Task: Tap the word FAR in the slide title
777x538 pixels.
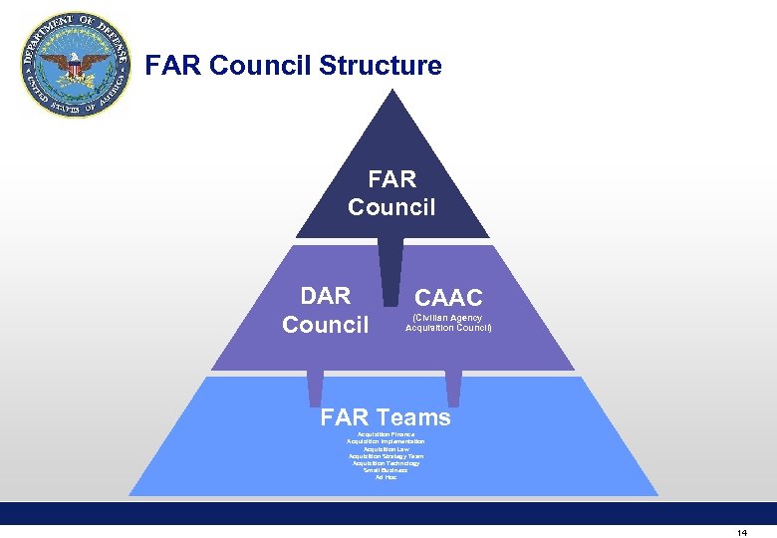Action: [173, 67]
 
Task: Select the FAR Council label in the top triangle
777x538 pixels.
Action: [391, 192]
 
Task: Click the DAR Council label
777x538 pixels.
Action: [326, 310]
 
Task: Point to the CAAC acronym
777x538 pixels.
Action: [448, 298]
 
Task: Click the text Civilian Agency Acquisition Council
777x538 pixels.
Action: [448, 323]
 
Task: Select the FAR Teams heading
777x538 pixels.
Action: [386, 417]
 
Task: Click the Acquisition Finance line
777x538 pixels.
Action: [386, 434]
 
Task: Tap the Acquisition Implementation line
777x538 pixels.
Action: [386, 441]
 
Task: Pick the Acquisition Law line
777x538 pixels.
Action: [386, 449]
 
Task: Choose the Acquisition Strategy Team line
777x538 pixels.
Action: [386, 456]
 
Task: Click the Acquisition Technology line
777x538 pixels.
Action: [386, 463]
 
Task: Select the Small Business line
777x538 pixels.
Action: [386, 470]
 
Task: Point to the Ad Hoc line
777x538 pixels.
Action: [386, 477]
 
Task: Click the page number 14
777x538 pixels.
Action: [742, 533]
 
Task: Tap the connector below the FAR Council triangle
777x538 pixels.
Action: [391, 269]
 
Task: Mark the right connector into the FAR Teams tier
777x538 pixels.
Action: [453, 389]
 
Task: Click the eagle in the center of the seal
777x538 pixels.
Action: [76, 68]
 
